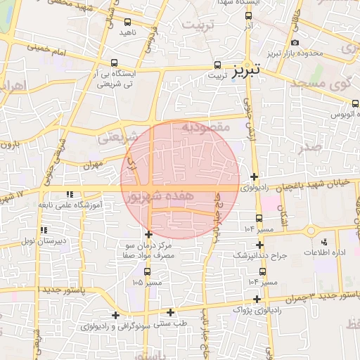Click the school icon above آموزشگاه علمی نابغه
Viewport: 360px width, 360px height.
pyautogui.click(x=69, y=194)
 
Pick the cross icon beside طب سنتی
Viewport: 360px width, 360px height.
pyautogui.click(x=170, y=312)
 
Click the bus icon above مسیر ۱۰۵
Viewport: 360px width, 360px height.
pyautogui.click(x=146, y=271)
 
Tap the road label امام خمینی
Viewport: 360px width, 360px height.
pyautogui.click(x=46, y=51)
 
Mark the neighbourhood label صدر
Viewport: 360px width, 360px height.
pyautogui.click(x=310, y=147)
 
